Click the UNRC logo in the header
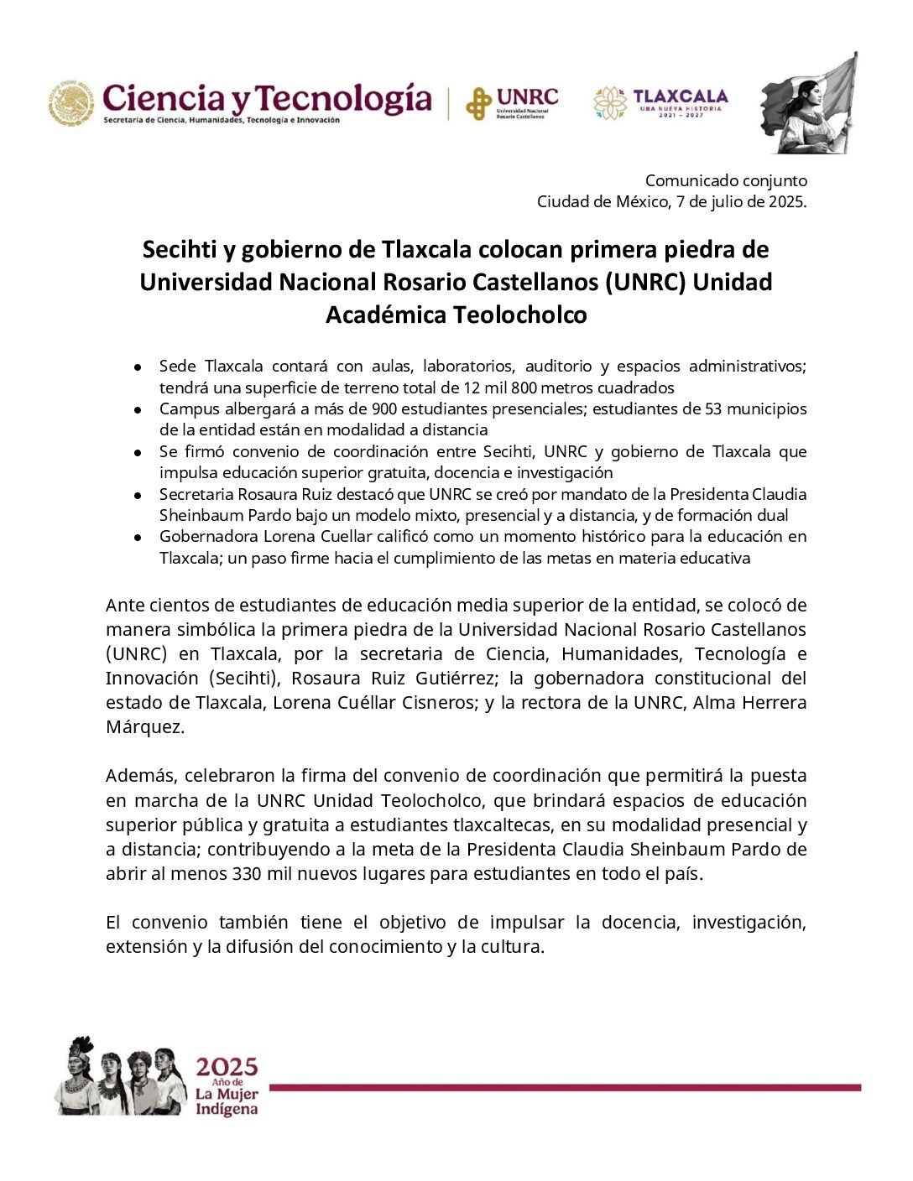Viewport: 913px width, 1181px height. coord(512,103)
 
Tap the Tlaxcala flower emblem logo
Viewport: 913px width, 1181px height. coord(610,103)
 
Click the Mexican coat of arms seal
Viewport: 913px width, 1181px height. coord(71,103)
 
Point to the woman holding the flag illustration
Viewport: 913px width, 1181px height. coord(808,105)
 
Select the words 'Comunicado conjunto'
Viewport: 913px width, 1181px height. coord(726,180)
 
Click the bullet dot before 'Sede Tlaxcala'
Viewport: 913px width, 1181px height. coord(138,367)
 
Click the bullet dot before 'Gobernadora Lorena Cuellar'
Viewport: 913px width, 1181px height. coord(138,537)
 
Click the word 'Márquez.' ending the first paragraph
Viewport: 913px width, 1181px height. coord(144,726)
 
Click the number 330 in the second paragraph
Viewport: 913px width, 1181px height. coord(247,873)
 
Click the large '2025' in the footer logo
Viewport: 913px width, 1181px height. coord(227,1067)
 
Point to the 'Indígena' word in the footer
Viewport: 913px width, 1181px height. coord(226,1109)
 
